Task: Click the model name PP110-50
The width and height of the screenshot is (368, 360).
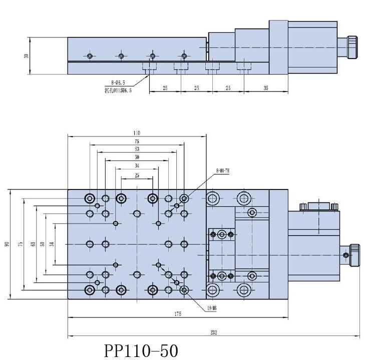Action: [141, 350]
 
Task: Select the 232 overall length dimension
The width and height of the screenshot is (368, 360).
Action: [214, 332]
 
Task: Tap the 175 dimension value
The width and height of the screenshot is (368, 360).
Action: [178, 313]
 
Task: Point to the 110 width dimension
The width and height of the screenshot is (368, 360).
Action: [137, 133]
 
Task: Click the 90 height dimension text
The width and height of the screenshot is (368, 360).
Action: [8, 244]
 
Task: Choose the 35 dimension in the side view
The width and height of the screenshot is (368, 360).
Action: [265, 88]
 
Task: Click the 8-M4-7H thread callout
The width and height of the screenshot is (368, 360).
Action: [222, 171]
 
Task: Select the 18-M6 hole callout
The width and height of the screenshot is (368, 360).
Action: [211, 308]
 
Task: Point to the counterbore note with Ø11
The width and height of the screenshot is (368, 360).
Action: [118, 91]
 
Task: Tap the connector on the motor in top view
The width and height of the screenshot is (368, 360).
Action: [318, 205]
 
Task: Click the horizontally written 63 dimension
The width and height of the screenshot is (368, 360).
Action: [137, 149]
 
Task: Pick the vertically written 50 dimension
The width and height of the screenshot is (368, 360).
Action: [43, 244]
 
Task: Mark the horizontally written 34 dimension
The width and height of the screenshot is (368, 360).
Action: [137, 165]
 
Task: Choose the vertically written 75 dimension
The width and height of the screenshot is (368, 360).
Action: [20, 244]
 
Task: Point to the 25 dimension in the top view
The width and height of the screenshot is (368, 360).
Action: [137, 175]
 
